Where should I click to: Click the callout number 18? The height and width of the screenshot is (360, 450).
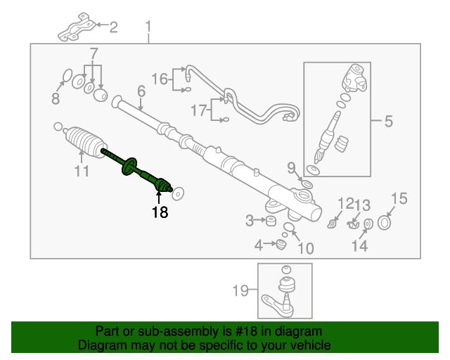click(160, 212)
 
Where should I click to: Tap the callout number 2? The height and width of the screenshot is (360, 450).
click(113, 27)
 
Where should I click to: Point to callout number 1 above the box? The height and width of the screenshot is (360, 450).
click(148, 27)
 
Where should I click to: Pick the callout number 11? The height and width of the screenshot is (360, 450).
click(82, 171)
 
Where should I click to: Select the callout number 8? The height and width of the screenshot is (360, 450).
click(56, 99)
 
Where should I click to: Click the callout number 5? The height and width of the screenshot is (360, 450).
click(388, 122)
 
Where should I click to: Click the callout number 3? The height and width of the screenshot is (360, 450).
click(250, 221)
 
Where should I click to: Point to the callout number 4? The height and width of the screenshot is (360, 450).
click(259, 245)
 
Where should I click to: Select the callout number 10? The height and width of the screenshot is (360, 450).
click(305, 247)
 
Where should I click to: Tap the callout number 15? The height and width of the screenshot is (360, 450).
click(399, 199)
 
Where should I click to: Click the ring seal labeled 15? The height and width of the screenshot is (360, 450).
click(385, 224)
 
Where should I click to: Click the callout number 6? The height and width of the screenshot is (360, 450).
click(141, 91)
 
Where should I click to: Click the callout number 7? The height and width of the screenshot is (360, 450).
click(94, 53)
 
